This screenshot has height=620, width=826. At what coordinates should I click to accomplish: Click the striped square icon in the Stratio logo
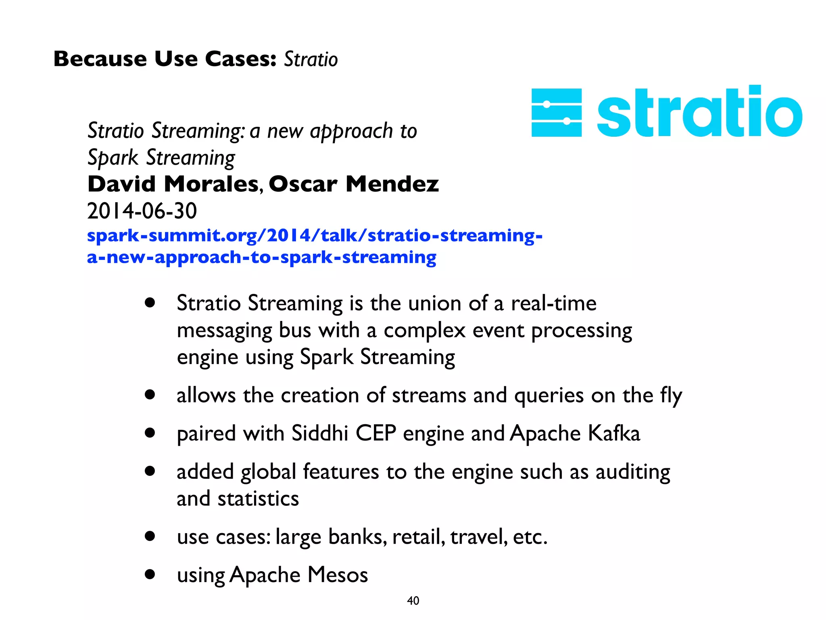[x=557, y=113]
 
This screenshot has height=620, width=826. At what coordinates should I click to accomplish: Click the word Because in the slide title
[x=100, y=59]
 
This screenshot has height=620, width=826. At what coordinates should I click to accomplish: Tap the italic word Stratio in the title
[x=311, y=59]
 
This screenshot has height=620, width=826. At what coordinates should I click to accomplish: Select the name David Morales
[x=173, y=184]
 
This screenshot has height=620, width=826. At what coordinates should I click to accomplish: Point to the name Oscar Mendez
[x=353, y=184]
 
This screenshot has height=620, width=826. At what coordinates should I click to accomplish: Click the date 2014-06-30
[x=142, y=211]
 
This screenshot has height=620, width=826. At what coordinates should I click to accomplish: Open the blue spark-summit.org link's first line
[x=315, y=235]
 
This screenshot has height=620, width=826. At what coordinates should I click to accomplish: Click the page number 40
[x=413, y=601]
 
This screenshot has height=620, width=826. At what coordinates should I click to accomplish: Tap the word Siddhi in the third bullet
[x=320, y=434]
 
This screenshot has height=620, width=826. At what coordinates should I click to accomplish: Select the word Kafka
[x=613, y=434]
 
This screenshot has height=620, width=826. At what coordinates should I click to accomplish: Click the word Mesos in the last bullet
[x=338, y=574]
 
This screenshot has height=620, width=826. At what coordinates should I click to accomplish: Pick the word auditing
[x=633, y=472]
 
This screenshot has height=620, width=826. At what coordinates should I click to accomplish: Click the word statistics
[x=258, y=499]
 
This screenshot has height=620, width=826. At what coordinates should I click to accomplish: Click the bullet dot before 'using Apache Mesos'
[x=150, y=574]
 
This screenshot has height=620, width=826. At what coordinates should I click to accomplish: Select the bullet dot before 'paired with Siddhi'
[x=150, y=433]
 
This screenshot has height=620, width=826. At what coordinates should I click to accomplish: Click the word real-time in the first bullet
[x=553, y=304]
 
